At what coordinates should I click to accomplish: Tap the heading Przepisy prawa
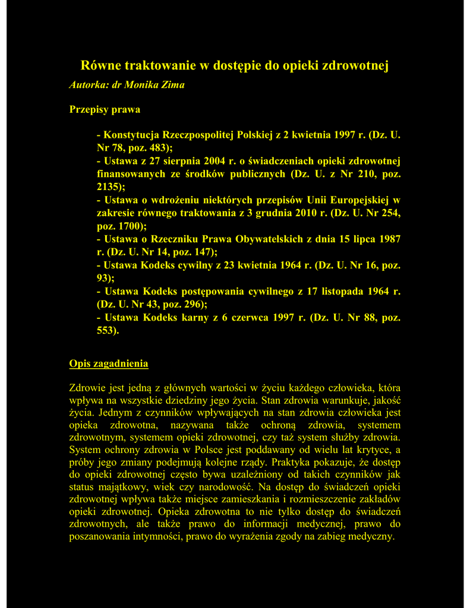point(105,110)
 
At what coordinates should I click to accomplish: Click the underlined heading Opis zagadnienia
point(109,363)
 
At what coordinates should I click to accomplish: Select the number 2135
point(108,187)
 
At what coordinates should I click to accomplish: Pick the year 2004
point(216,161)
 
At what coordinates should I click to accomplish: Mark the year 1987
point(389,239)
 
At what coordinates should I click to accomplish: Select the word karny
point(195,318)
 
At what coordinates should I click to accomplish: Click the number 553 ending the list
point(107,331)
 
